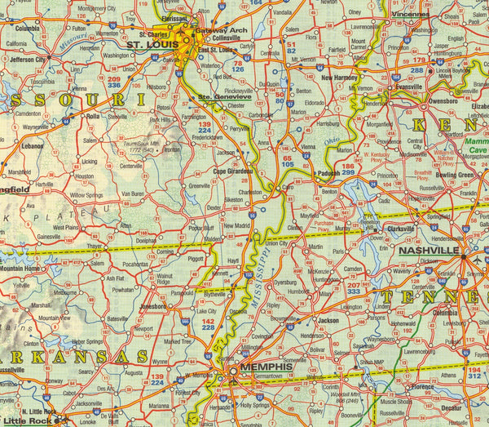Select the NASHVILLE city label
pyautogui.click(x=429, y=250)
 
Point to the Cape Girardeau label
pyautogui.click(x=235, y=171)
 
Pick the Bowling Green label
pyautogui.click(x=453, y=175)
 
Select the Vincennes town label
pyautogui.click(x=409, y=14)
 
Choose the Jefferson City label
pyautogui.click(x=29, y=60)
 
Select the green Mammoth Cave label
pyautogui.click(x=476, y=145)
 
